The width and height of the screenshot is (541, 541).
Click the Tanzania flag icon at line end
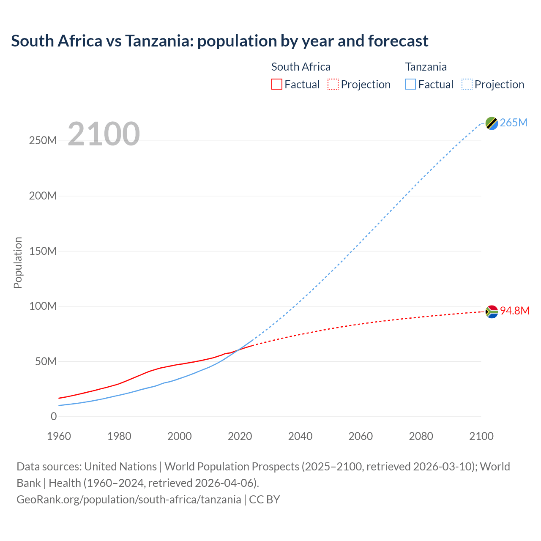pos(492,123)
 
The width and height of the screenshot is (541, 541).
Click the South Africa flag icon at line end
pos(492,312)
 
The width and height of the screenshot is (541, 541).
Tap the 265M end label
pos(514,123)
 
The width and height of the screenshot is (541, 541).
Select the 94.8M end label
pos(515,311)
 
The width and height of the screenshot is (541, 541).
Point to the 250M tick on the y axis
pos(43,141)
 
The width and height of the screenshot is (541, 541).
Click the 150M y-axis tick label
pos(43,251)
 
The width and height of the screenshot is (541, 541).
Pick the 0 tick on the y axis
pos(54,416)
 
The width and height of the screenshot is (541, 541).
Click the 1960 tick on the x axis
pos(59,436)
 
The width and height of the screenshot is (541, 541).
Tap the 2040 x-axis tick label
pos(300,436)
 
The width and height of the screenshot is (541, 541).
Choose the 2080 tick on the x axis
pos(421,436)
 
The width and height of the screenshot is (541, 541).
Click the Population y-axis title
pos(18,262)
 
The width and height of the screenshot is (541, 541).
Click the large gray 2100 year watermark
pos(104,134)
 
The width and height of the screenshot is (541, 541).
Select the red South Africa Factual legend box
pos(277,85)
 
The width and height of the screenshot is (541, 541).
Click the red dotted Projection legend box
pos(333,85)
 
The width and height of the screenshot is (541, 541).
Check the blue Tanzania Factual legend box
pos(410,85)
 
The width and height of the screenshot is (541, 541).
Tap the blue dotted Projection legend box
pos(467,85)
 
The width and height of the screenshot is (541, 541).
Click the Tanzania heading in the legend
pos(426,67)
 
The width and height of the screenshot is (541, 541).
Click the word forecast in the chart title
pos(398,41)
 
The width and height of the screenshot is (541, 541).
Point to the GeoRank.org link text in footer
pos(128,499)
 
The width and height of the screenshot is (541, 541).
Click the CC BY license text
pos(265,499)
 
